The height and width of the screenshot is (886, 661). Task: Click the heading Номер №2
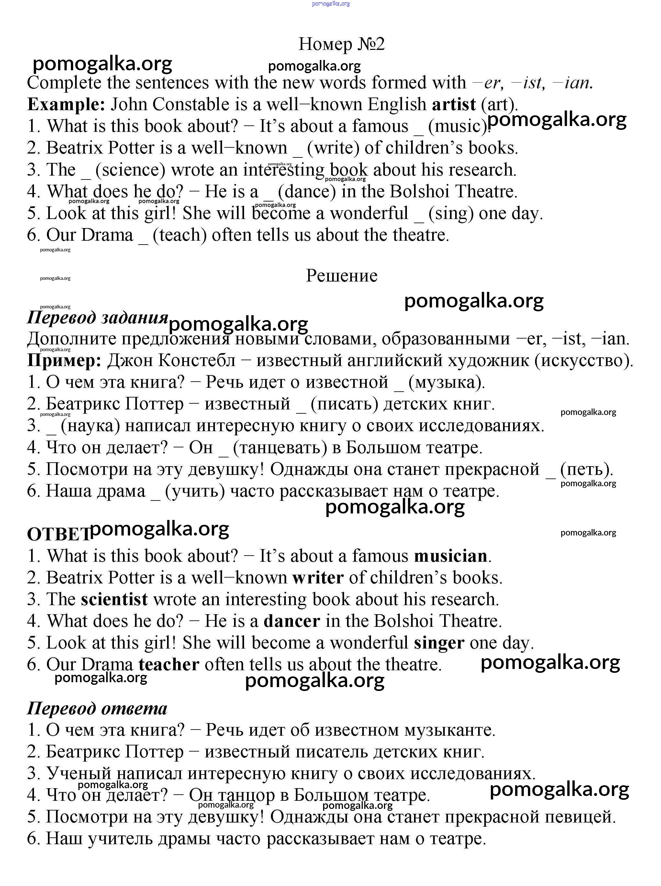[341, 44]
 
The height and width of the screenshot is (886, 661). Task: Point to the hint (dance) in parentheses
[307, 191]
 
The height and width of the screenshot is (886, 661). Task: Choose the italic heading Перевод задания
[97, 317]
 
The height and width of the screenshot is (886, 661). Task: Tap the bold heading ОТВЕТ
[58, 534]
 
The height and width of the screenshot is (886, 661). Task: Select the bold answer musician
[451, 556]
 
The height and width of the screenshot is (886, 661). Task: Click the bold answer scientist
[114, 599]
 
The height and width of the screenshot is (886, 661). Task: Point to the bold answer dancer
[292, 621]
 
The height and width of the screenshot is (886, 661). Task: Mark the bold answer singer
[439, 643]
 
